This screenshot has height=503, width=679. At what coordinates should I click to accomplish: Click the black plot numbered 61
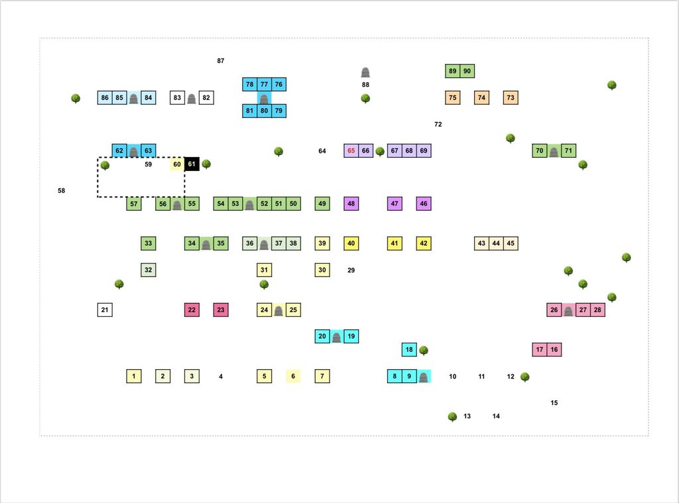[x=192, y=164]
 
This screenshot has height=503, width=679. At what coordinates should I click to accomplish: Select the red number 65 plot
[x=351, y=150]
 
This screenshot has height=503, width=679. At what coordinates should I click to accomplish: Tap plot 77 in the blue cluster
[x=264, y=84]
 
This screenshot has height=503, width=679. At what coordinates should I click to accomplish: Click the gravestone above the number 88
[x=365, y=72]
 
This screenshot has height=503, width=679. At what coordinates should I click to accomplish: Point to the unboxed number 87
[x=221, y=60]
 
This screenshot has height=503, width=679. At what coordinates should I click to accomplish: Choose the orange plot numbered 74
[x=481, y=97]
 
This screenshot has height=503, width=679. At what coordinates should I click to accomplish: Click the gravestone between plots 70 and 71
[x=554, y=152]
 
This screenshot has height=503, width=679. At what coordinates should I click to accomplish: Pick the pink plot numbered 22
[x=192, y=309]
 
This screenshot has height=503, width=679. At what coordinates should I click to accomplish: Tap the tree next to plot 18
[x=424, y=350]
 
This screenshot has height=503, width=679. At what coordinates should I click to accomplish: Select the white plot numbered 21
[x=105, y=309]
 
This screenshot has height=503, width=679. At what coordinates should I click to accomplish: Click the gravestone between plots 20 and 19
[x=336, y=337]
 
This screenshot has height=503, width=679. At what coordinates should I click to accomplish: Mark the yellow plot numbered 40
[x=351, y=243]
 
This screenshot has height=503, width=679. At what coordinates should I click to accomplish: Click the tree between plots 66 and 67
[x=380, y=151]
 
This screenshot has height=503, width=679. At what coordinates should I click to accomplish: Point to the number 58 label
[x=62, y=190]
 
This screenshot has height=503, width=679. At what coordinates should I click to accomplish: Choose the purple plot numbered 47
[x=395, y=203]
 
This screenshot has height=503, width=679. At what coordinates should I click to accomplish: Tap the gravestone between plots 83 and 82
[x=192, y=99]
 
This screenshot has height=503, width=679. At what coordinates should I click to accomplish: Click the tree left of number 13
[x=452, y=416]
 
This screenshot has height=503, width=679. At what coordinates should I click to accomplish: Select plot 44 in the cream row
[x=496, y=243]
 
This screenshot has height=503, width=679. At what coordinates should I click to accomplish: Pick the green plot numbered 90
[x=467, y=71]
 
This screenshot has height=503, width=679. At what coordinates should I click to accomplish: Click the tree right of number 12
[x=525, y=376]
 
